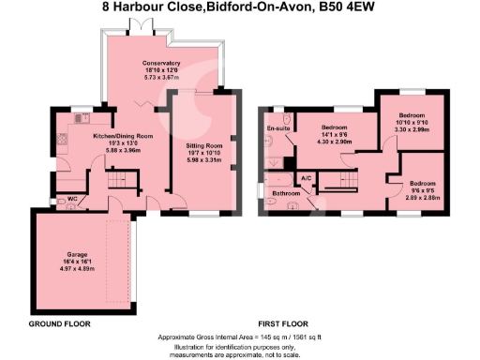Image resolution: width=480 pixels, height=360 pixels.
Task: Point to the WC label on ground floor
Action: pyautogui.click(x=72, y=199)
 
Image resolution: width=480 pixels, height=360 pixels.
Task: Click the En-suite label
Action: pyautogui.click(x=277, y=127)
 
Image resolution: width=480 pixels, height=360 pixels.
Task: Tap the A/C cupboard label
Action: pyautogui.click(x=306, y=177)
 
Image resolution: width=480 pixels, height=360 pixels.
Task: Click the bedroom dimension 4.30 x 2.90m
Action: pyautogui.click(x=335, y=140)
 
